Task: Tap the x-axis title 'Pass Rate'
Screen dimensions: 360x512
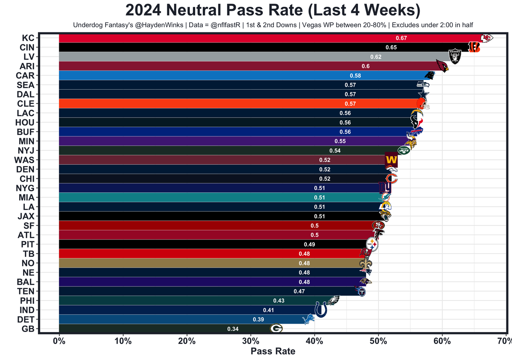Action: click(273, 351)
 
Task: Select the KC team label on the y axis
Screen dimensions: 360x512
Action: click(28, 38)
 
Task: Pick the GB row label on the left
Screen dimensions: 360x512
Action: click(28, 329)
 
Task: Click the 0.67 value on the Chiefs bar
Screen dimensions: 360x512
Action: click(401, 38)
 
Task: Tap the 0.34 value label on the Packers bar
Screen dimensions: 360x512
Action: click(233, 329)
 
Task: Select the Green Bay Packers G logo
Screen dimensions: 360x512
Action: click(276, 329)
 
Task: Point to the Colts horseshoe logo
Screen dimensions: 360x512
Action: click(321, 310)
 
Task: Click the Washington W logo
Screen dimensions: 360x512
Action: click(391, 160)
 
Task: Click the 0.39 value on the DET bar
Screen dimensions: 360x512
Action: click(258, 320)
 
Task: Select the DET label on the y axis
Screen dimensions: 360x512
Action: click(26, 319)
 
